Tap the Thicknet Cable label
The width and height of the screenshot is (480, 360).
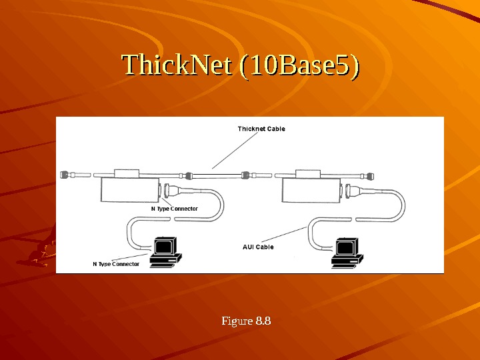coord(261,129)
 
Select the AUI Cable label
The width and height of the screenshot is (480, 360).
coord(258,247)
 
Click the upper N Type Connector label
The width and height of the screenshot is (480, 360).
coord(175,209)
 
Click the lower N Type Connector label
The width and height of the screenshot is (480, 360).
coord(116,264)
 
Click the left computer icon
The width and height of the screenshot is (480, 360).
coord(163,253)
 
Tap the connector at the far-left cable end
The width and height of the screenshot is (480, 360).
coord(65,174)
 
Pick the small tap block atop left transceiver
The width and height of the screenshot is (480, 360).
coord(126,173)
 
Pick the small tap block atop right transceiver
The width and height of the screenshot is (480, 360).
coord(309,173)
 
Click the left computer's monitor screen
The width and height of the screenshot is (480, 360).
coord(163,246)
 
